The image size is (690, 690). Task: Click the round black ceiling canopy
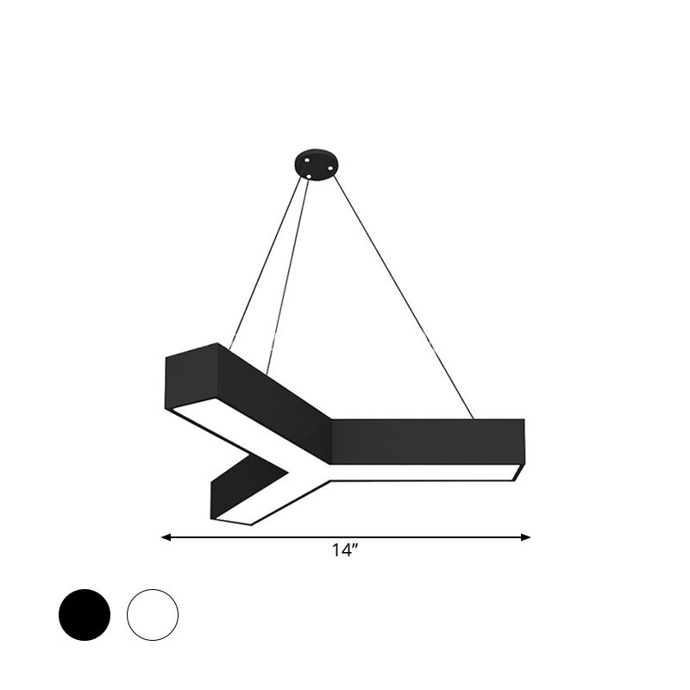click(313, 163)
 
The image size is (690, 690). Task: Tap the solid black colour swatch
click(85, 614)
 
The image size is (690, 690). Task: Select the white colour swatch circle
click(153, 614)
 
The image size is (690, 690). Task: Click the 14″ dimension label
click(344, 553)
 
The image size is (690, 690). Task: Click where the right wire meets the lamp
click(474, 419)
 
